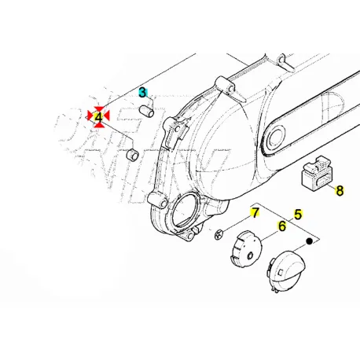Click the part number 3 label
[x=143, y=92]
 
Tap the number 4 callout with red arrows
[x=98, y=117]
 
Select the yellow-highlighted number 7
[x=254, y=213]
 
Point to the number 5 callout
[x=298, y=213]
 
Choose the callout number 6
[x=281, y=227]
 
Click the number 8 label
[x=340, y=190]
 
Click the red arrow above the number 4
[x=98, y=108]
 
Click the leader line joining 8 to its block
[x=329, y=186]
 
